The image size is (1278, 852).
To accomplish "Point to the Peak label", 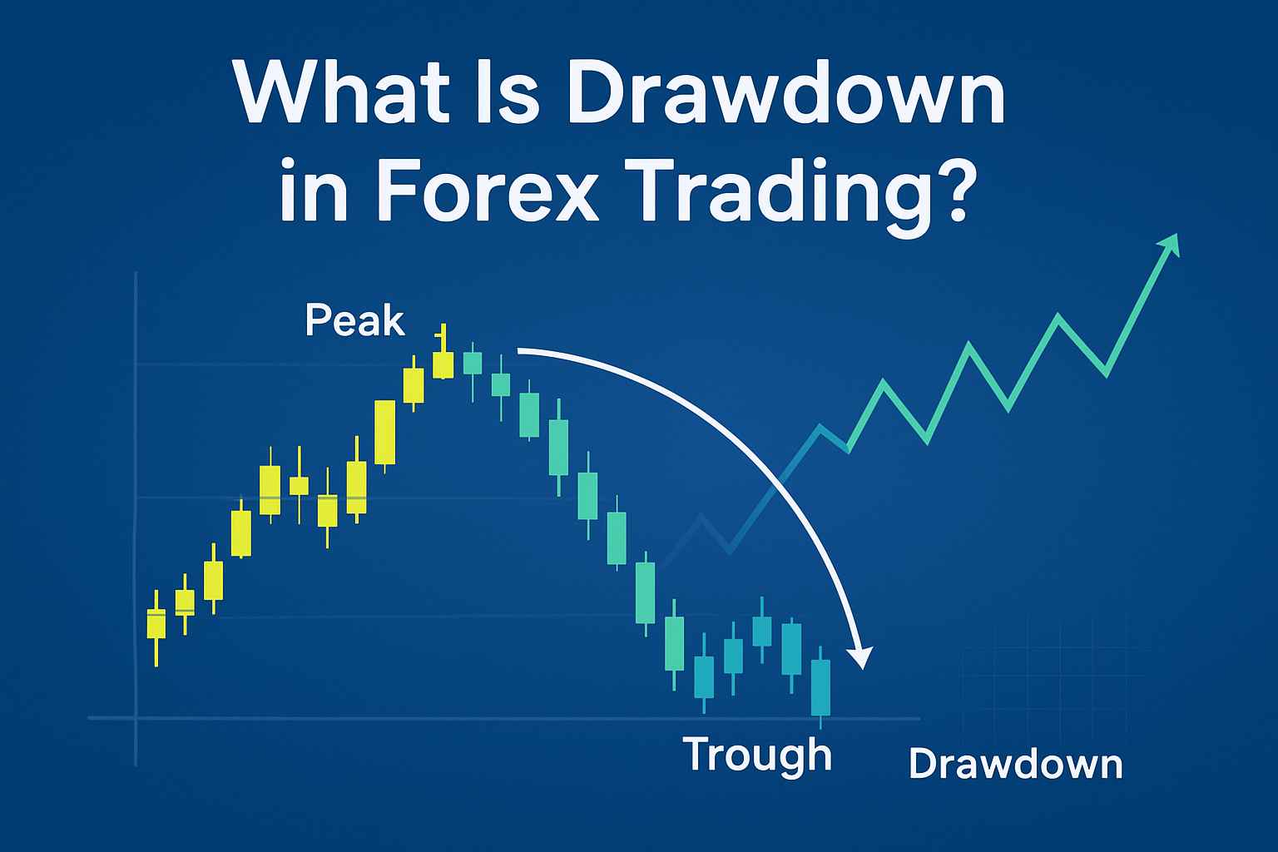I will point(355,321).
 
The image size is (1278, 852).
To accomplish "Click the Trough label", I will point(756,754).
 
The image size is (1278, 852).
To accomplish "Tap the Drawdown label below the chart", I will point(1015,764).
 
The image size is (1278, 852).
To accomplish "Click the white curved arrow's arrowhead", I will point(862,656).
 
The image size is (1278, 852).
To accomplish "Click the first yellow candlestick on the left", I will point(156,624).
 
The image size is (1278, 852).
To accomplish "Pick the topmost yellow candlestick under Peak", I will point(443,363).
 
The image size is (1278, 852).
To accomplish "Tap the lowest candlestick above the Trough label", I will point(820,686).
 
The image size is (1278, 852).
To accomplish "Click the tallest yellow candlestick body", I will point(384,432).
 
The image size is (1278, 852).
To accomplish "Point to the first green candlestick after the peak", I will point(473,363).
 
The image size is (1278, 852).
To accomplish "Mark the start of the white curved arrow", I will point(519,351).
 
